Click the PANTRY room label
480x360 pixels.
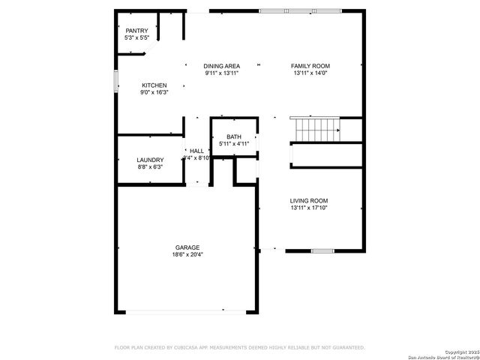pos(136,31)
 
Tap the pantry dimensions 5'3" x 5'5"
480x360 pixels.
pos(136,37)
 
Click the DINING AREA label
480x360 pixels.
pos(221,67)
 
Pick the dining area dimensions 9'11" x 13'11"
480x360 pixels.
pos(221,73)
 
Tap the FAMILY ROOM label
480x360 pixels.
pos(310,67)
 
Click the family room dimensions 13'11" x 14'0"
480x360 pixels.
pos(310,73)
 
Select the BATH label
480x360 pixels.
pos(234,136)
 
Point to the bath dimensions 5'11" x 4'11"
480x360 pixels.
pos(234,143)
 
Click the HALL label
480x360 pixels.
pos(196,151)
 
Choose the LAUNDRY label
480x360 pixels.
pos(150,160)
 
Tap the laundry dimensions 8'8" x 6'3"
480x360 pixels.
pos(150,167)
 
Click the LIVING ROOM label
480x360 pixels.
pos(310,201)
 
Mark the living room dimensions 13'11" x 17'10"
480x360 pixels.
pos(310,208)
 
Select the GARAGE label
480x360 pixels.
pos(187,247)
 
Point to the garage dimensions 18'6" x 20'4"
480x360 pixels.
pos(187,254)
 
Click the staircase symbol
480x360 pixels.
pos(316,129)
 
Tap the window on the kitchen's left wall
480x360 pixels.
pos(116,81)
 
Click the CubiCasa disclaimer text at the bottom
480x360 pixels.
pos(239,347)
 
